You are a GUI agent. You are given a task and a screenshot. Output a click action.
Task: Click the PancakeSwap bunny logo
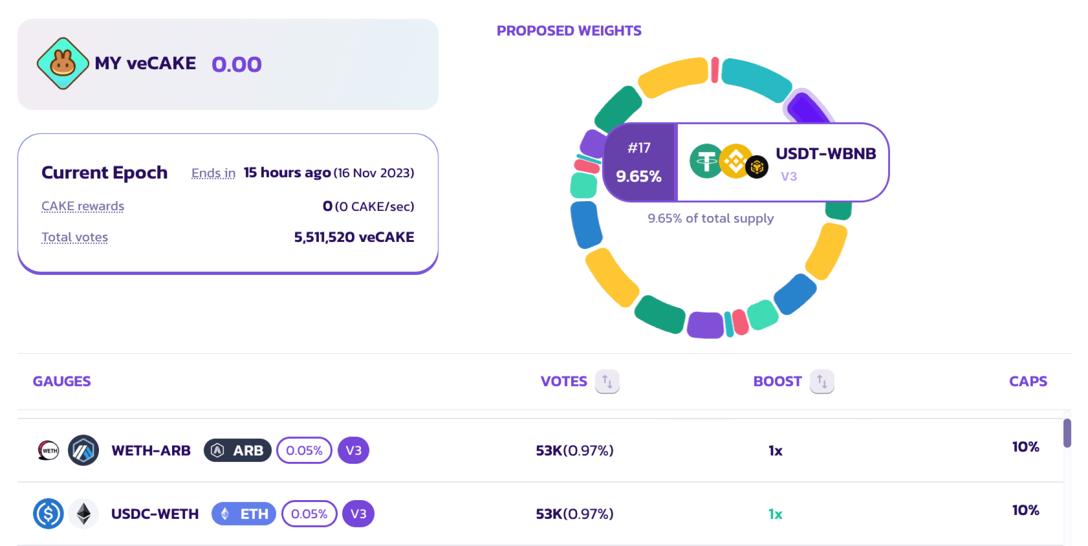tap(63, 64)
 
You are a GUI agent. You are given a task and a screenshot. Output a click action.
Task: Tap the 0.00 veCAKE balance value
tap(237, 64)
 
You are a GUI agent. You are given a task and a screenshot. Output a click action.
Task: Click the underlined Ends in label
tap(213, 173)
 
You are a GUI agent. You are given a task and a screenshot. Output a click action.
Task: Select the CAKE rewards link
tap(83, 206)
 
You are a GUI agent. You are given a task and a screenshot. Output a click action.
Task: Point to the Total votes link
tap(75, 237)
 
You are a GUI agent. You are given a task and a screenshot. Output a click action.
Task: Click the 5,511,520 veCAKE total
tap(354, 237)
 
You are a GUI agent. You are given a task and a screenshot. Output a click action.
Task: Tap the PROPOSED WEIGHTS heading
tap(569, 31)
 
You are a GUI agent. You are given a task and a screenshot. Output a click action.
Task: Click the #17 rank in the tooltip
tap(639, 148)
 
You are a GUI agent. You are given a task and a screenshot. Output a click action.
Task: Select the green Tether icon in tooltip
tap(706, 161)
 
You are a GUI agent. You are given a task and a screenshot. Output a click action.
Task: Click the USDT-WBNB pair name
tap(826, 153)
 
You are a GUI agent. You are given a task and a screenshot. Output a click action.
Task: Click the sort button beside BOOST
tap(822, 382)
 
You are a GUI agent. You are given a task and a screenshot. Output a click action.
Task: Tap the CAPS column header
tap(1028, 382)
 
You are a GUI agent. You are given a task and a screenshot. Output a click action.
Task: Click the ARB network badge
tap(238, 450)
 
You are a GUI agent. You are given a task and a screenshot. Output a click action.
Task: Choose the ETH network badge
tap(244, 514)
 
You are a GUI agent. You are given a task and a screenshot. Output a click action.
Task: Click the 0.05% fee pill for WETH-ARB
tap(304, 450)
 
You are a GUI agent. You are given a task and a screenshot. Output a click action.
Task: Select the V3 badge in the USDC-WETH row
tap(359, 514)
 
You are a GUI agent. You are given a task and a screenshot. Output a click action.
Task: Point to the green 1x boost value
tap(775, 514)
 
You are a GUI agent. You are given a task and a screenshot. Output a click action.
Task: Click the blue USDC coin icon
tap(48, 514)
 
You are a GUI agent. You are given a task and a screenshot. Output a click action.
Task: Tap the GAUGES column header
tap(62, 382)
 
